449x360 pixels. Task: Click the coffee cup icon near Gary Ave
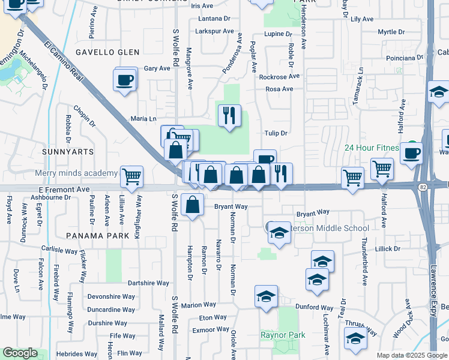click(125, 80)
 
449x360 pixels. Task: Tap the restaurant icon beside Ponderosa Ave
click(229, 115)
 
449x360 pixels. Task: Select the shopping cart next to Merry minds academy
click(131, 176)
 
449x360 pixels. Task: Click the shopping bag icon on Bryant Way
click(192, 205)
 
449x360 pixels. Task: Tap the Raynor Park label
click(283, 335)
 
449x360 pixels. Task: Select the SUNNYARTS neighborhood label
click(68, 152)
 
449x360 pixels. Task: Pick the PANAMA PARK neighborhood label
click(98, 236)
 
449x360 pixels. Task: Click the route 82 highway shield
click(423, 187)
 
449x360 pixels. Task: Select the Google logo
click(20, 353)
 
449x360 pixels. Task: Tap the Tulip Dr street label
click(276, 133)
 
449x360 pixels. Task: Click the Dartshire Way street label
click(149, 283)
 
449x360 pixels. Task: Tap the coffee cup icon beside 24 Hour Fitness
click(411, 153)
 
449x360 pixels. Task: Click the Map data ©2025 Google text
click(411, 355)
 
